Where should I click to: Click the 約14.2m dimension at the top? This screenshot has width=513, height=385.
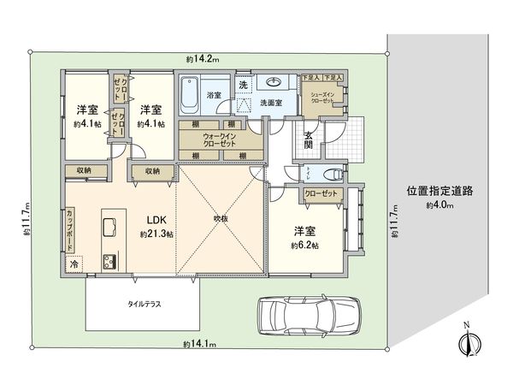(x=203, y=59)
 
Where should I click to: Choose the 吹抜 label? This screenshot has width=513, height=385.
(x=222, y=219)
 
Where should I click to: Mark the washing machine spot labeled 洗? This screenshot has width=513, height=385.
(x=243, y=84)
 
